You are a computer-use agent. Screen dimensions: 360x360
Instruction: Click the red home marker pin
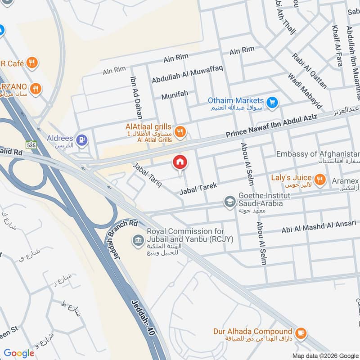180,162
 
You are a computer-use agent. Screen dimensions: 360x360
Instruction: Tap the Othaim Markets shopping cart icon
271,103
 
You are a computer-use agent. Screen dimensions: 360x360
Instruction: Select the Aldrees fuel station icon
82,140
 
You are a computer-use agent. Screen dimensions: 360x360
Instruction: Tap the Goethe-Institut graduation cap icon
230,202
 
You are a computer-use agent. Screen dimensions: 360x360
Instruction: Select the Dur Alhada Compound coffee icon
301,333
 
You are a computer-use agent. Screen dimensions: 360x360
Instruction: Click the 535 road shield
31,145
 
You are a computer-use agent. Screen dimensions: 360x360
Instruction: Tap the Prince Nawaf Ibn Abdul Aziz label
271,126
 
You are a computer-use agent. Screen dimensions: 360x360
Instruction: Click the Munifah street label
175,96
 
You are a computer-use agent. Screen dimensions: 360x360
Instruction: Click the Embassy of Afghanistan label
318,154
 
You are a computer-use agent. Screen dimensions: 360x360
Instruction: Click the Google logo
18,353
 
